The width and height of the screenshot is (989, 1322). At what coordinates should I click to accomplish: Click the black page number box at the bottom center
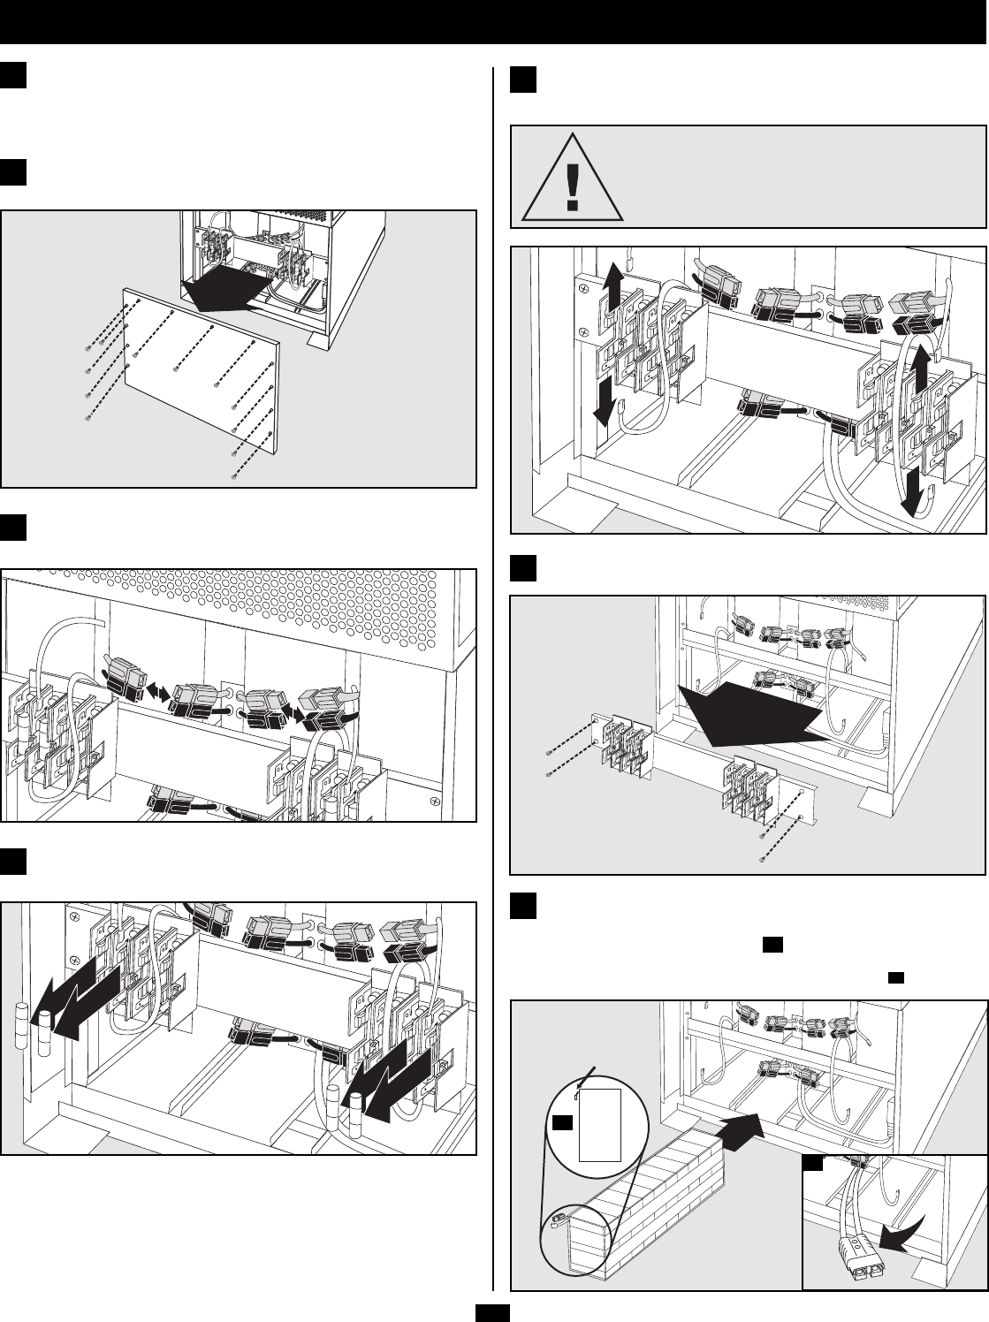coord(493,1313)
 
